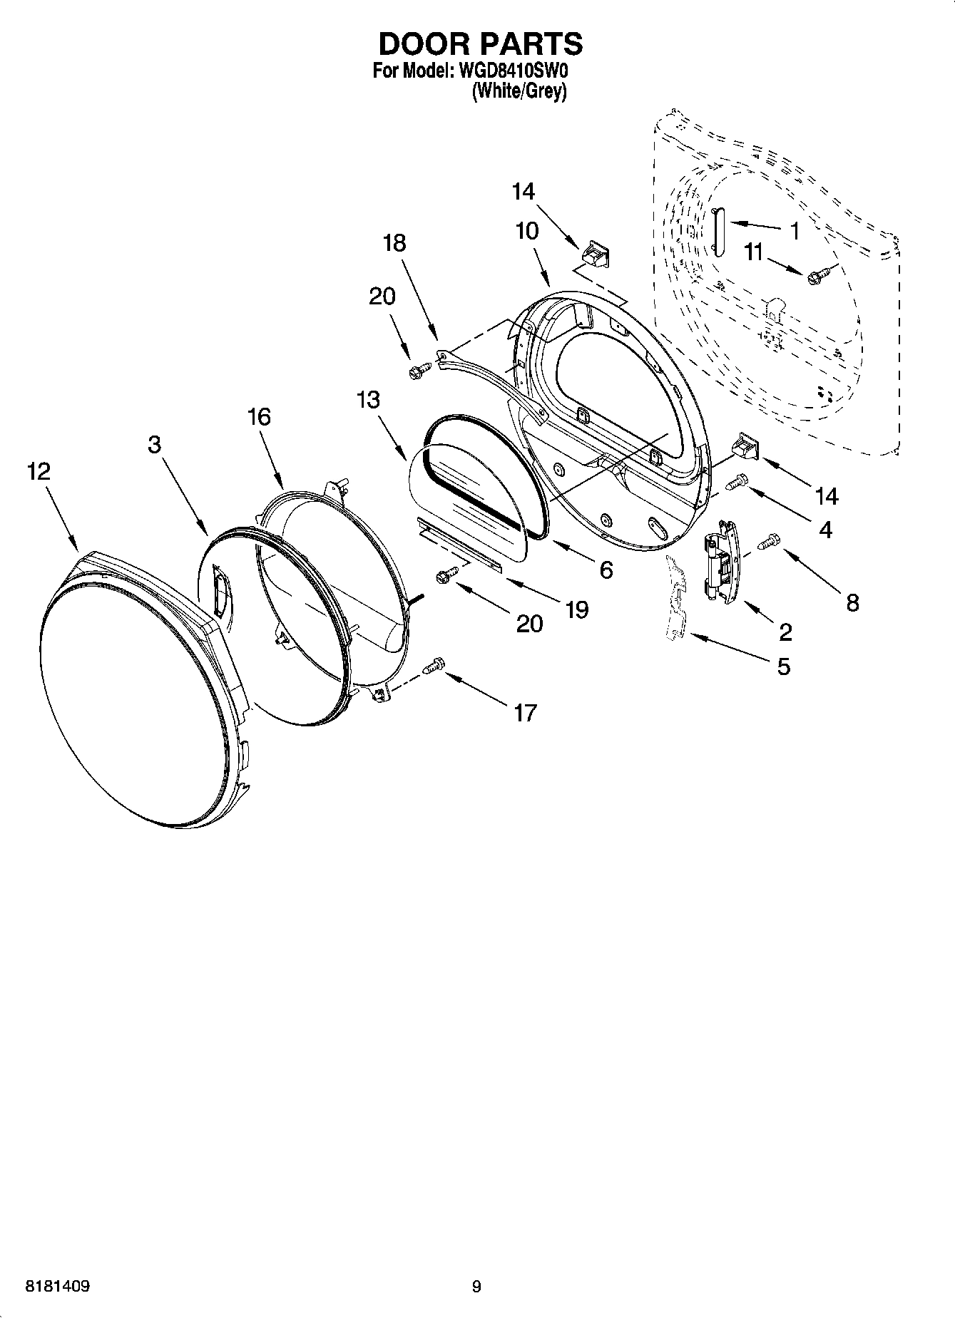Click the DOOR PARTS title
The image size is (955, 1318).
480,44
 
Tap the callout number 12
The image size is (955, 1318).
39,471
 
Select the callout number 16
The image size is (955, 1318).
259,416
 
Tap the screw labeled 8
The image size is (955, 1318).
768,544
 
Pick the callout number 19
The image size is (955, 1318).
576,609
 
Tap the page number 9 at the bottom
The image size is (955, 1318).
476,1287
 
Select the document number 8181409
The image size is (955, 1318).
58,1287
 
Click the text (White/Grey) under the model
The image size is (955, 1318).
519,91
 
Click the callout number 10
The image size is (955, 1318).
528,231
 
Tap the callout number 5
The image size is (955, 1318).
783,666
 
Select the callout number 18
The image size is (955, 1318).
394,243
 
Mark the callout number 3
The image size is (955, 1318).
155,444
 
